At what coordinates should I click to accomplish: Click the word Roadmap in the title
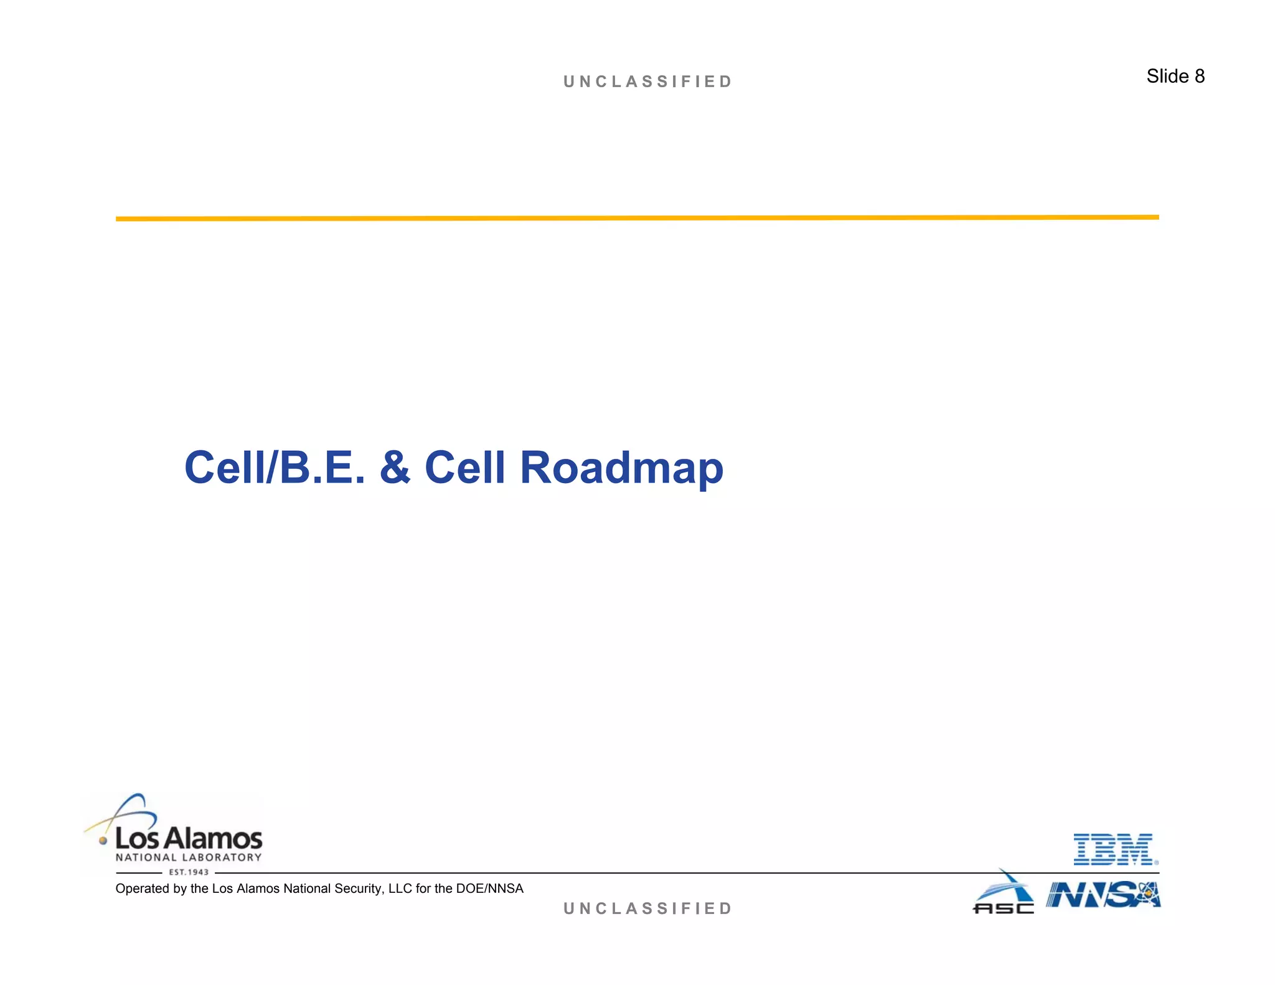(x=621, y=468)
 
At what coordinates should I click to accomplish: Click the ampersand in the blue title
(x=395, y=468)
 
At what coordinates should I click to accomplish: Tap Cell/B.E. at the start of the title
(x=275, y=468)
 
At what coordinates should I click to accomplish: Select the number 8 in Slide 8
(x=1199, y=77)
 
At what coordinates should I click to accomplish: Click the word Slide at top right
(x=1167, y=77)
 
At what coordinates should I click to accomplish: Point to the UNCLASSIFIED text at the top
(x=647, y=82)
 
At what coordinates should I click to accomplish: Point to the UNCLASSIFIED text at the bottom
(x=647, y=908)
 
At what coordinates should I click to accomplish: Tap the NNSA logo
(x=1103, y=895)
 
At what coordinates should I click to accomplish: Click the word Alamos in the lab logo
(x=214, y=839)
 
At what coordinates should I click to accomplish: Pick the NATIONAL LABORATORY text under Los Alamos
(x=189, y=857)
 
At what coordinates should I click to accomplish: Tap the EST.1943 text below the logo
(x=189, y=872)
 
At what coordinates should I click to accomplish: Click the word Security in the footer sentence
(x=357, y=888)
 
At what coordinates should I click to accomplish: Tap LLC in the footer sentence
(x=400, y=888)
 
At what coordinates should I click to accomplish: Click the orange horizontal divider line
(x=637, y=218)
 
